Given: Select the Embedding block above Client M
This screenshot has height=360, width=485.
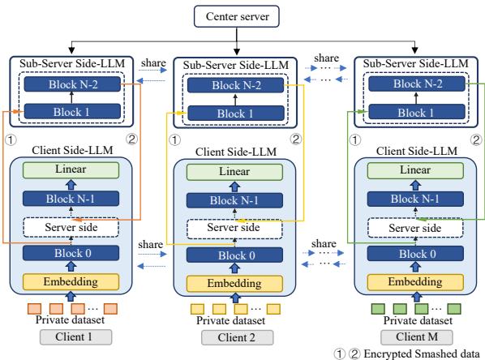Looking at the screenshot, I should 412,284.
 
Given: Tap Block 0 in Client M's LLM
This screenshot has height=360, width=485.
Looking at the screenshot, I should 412,253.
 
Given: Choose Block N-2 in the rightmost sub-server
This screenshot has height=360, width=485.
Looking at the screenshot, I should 412,84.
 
